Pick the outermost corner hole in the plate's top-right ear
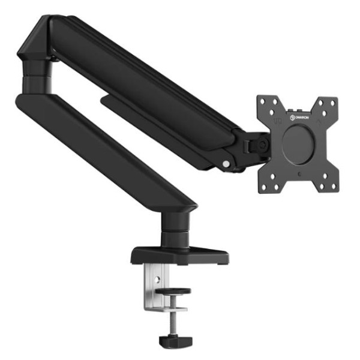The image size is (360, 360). [x=333, y=101]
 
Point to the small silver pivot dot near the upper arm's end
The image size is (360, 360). [x=225, y=163]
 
